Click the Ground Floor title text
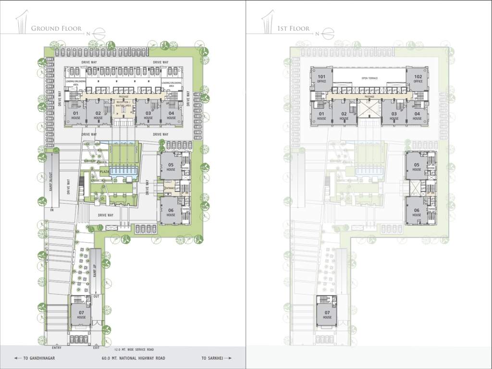[x=57, y=29]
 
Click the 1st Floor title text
[x=293, y=29]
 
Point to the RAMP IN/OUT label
[x=50, y=182]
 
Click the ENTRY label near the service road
[x=57, y=347]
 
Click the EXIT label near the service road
[x=96, y=347]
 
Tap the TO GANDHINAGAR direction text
[x=34, y=358]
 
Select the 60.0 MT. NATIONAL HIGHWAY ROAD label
[x=133, y=358]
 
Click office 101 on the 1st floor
[x=321, y=79]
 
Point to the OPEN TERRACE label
[x=369, y=78]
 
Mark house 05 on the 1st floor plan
[x=417, y=167]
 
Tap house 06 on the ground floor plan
[x=171, y=212]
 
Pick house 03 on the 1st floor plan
[x=394, y=116]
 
